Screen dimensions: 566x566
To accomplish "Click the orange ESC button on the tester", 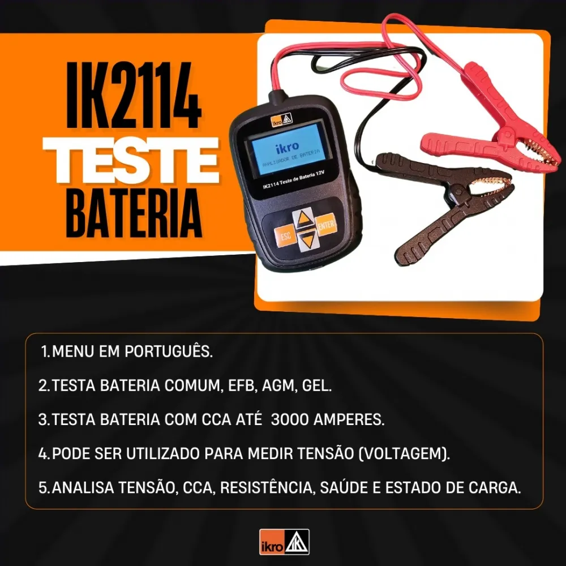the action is [x=285, y=236].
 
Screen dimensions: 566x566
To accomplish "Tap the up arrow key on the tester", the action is [x=303, y=218].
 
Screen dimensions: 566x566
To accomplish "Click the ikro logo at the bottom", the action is [x=284, y=542].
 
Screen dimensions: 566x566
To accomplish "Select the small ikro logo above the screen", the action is [x=281, y=120].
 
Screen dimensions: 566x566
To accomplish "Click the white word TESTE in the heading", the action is [x=131, y=161].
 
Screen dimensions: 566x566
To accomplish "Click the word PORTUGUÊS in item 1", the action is [x=169, y=351].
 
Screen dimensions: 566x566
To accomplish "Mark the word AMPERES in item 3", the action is [x=349, y=419].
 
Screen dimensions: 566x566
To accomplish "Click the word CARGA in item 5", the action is [x=495, y=488].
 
